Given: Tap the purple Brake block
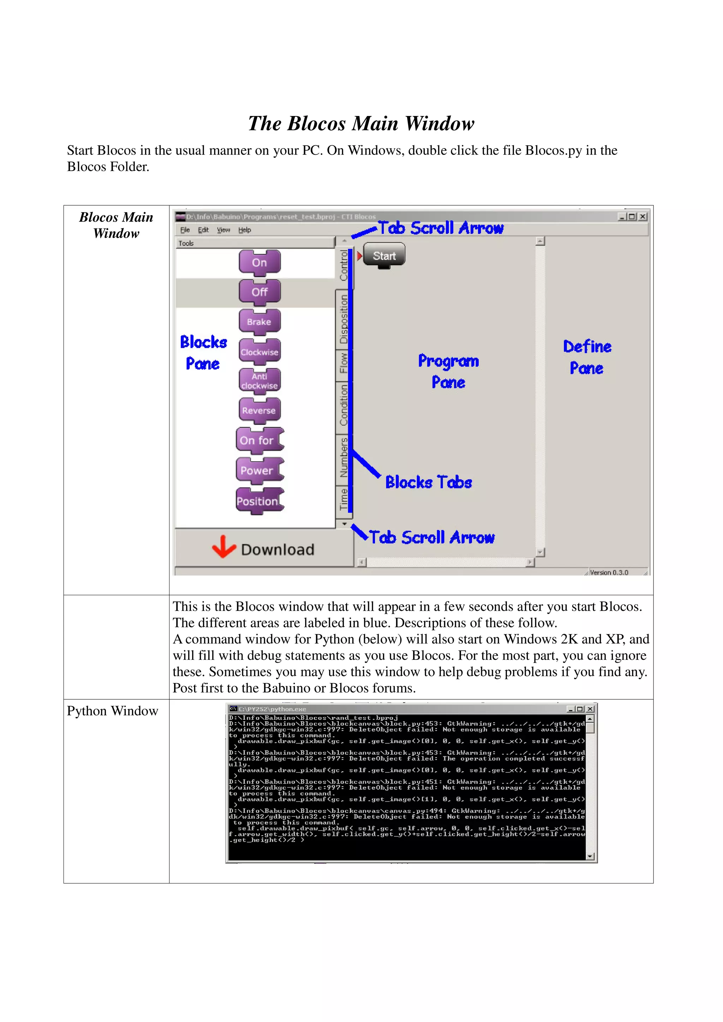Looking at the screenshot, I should coord(259,322).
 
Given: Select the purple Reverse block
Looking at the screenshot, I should coord(259,410).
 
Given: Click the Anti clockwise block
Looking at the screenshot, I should coord(259,381).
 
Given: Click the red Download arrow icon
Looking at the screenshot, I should coord(223,547).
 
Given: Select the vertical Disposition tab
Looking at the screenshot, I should coord(343,319).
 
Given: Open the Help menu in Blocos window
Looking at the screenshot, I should coord(245,230).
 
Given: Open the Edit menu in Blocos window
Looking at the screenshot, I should coord(203,230).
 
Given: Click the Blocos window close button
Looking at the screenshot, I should coord(643,217).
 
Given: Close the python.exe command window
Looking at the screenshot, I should coord(590,709).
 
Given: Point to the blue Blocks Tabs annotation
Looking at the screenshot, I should coord(429,482).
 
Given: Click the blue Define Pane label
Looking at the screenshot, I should coord(587,358).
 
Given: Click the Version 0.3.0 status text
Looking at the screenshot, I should coord(609,572).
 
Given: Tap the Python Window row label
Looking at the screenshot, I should coord(113,711).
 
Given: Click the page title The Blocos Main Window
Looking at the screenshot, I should coord(361,123).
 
